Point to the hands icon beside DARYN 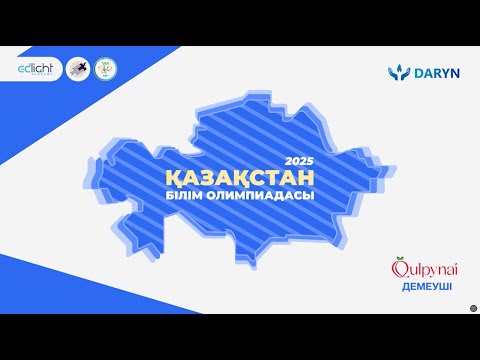396,73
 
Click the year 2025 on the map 298,161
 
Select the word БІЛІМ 188,195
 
